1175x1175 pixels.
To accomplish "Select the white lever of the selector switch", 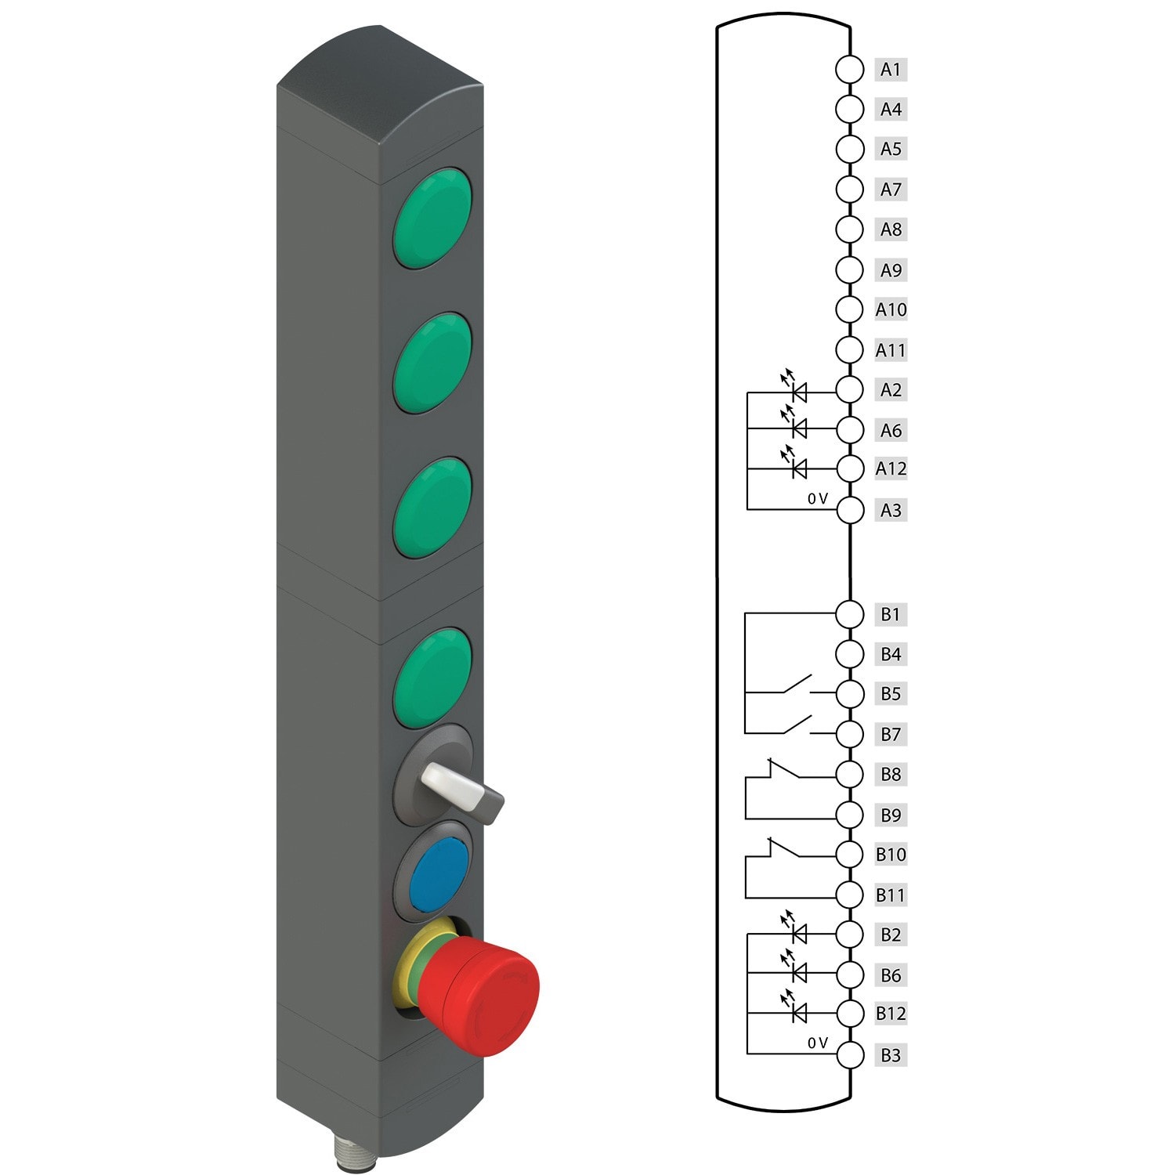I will pyautogui.click(x=450, y=787).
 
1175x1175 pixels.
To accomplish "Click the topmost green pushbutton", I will pyautogui.click(x=432, y=218).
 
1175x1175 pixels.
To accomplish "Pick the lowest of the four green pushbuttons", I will pyautogui.click(x=432, y=678).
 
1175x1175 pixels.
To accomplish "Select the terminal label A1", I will pyautogui.click(x=891, y=69).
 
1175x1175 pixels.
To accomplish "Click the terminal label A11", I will pyautogui.click(x=891, y=350).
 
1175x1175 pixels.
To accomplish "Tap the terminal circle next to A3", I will pyautogui.click(x=850, y=510).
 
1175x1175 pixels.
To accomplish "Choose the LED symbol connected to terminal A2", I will pyautogui.click(x=798, y=391).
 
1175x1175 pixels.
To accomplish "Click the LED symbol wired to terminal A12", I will pyautogui.click(x=798, y=468).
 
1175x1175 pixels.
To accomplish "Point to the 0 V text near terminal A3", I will pyautogui.click(x=817, y=498).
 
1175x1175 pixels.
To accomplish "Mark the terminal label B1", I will pyautogui.click(x=891, y=614).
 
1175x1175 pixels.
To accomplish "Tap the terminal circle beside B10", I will pyautogui.click(x=850, y=854).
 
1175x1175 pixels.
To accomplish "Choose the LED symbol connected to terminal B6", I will pyautogui.click(x=798, y=973).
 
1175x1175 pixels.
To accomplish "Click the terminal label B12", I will pyautogui.click(x=891, y=1013).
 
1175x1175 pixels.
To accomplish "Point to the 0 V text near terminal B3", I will pyautogui.click(x=817, y=1043).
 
